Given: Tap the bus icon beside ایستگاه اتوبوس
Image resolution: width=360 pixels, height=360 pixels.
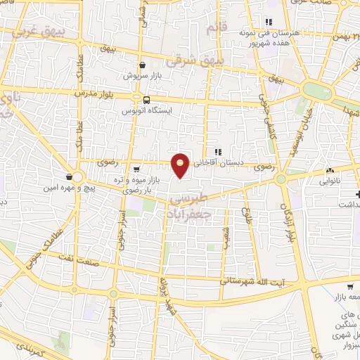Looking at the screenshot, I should click(147, 100).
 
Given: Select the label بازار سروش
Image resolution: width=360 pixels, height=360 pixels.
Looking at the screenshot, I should click(142, 75).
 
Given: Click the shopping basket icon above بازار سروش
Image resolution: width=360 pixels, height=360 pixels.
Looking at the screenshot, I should click(143, 65).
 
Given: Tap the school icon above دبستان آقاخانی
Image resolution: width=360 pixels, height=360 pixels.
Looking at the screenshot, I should click(218, 151).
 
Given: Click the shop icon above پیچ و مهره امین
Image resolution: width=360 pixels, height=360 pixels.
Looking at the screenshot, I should click(69, 176).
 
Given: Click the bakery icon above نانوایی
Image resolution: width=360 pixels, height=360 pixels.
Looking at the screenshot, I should click(330, 171).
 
